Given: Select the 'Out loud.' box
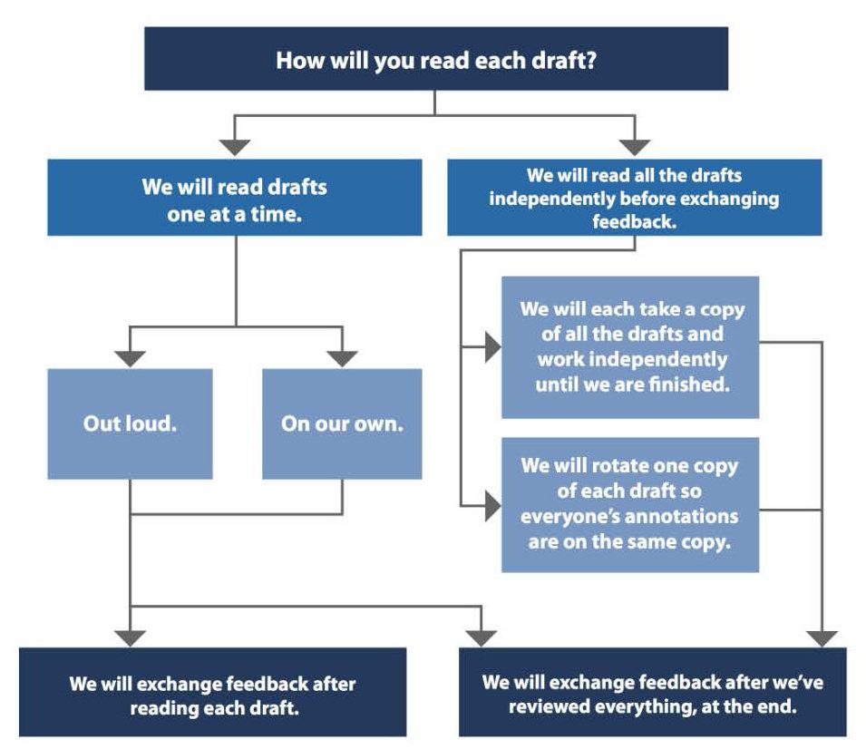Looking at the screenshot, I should (x=130, y=423).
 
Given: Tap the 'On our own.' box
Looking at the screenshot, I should (x=342, y=423).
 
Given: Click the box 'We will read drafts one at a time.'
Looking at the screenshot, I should (x=235, y=199).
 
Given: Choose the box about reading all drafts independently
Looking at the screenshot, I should (x=634, y=199).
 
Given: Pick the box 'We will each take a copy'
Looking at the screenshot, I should (x=630, y=347).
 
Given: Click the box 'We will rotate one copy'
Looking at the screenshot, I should (x=630, y=503).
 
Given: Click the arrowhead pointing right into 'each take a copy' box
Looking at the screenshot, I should (x=492, y=347).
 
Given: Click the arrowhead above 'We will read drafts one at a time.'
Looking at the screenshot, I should (x=236, y=145).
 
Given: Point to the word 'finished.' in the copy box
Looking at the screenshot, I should (x=689, y=384).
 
